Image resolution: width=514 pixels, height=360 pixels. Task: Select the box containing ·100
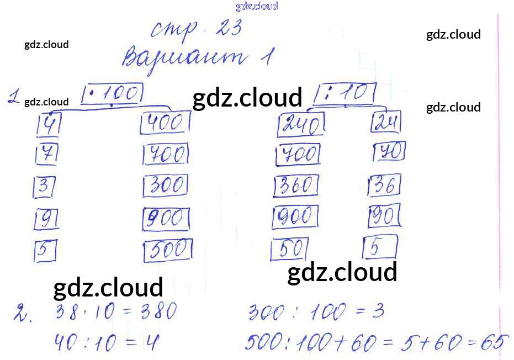(x=113, y=94)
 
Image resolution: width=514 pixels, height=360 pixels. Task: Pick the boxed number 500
(x=168, y=251)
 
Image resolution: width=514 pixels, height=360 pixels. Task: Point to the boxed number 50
(x=289, y=250)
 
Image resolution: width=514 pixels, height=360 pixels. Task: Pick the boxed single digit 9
(x=46, y=220)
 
